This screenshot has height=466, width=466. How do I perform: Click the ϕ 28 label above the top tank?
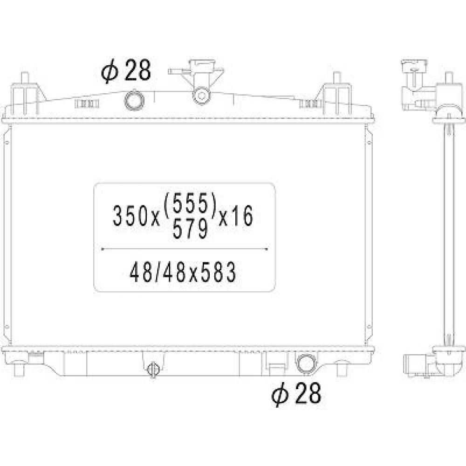[x=126, y=72]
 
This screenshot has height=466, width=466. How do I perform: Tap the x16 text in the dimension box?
[x=236, y=216]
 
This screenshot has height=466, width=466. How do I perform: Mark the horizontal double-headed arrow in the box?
[x=185, y=249]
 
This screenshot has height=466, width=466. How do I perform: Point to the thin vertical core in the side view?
[x=449, y=233]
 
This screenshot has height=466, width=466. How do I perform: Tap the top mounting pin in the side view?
[x=449, y=78]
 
